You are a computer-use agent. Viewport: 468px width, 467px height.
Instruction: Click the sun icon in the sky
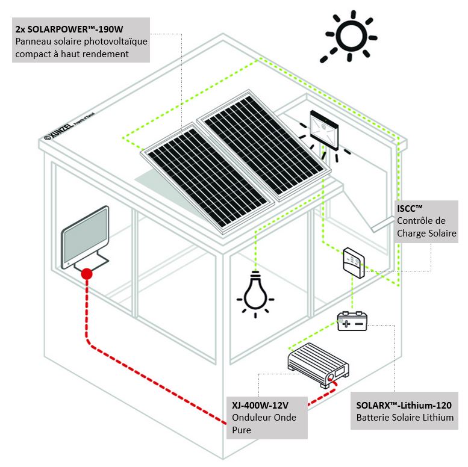click(349, 37)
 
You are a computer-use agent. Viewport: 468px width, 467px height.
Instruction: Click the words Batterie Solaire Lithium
click(405, 418)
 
